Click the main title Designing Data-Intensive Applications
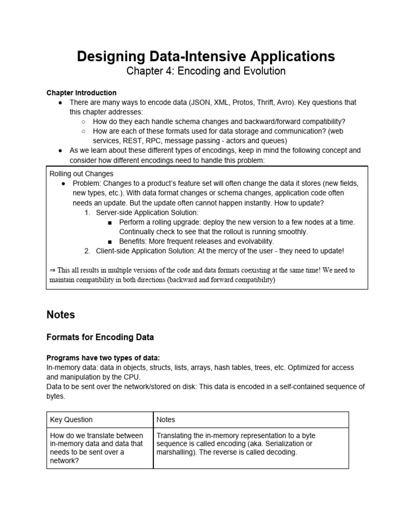(206, 56)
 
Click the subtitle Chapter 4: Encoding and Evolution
(206, 71)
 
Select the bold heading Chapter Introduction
(81, 93)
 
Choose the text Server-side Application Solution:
(148, 212)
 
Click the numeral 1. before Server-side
(87, 212)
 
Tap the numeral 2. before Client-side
(87, 251)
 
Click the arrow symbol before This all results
(52, 270)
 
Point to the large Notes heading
(61, 314)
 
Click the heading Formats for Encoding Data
(100, 338)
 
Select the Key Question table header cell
(71, 419)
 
